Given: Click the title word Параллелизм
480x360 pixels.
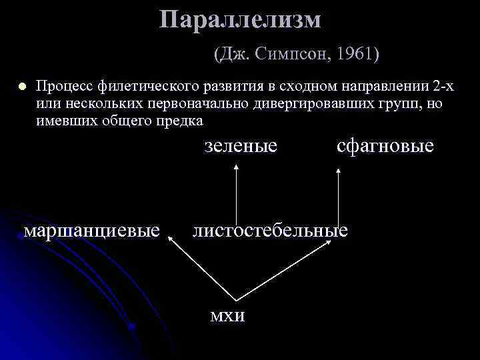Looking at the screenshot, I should (x=240, y=20).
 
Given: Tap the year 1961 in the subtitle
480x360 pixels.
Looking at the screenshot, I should (x=355, y=53).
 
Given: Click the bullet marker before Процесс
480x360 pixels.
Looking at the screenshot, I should (x=21, y=87).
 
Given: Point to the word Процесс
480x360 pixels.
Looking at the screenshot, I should (x=65, y=87).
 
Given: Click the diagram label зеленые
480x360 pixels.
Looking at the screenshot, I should (x=241, y=145).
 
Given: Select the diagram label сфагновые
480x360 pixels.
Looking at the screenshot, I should (x=385, y=145).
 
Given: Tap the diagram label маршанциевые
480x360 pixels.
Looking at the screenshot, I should (x=92, y=231).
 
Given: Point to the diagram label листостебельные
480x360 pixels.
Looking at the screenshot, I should (x=270, y=231).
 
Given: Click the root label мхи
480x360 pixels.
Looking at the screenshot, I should (x=227, y=315).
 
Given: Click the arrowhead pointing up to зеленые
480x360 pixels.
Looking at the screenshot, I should (x=235, y=169).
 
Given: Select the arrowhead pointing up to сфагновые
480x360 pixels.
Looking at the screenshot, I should (x=339, y=171).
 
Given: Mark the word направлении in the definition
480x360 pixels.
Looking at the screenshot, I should (x=389, y=87).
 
